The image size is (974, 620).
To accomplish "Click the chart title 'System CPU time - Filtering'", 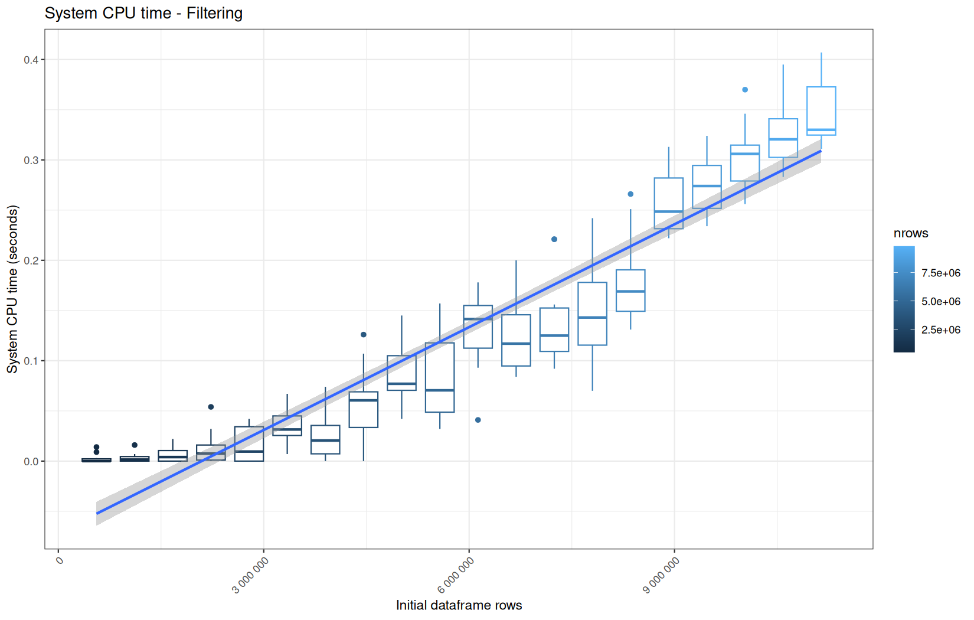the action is point(143,14).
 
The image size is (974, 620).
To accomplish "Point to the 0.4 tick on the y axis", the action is point(31,60).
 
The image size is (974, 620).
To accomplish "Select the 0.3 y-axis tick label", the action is point(31,160).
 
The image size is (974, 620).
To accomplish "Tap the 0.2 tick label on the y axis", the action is point(31,260).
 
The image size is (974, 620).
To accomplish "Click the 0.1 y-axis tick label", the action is point(31,361).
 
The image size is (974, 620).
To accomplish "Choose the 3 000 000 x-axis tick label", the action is point(250,575).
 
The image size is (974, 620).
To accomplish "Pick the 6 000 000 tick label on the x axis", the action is point(456,575).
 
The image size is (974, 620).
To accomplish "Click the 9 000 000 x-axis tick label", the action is point(661,575).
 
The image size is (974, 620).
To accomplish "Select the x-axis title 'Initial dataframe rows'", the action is point(459,605).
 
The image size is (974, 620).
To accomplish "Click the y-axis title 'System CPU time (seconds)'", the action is point(12,289).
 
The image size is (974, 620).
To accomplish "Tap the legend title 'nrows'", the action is point(911,233).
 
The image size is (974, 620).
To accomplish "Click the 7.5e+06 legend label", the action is point(941,273).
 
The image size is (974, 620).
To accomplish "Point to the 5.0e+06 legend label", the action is point(941,302).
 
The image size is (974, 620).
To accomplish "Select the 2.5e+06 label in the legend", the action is point(941,330).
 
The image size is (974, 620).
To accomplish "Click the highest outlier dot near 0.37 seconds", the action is point(745,90).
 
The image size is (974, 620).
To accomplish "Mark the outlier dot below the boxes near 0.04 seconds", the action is point(478,420).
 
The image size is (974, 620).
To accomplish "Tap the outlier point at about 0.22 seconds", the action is point(554,239).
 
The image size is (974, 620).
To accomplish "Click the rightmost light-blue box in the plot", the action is point(821,87).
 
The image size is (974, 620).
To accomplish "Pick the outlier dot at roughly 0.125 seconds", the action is point(364,335).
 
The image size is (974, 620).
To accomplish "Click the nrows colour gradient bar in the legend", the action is point(904,299).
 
